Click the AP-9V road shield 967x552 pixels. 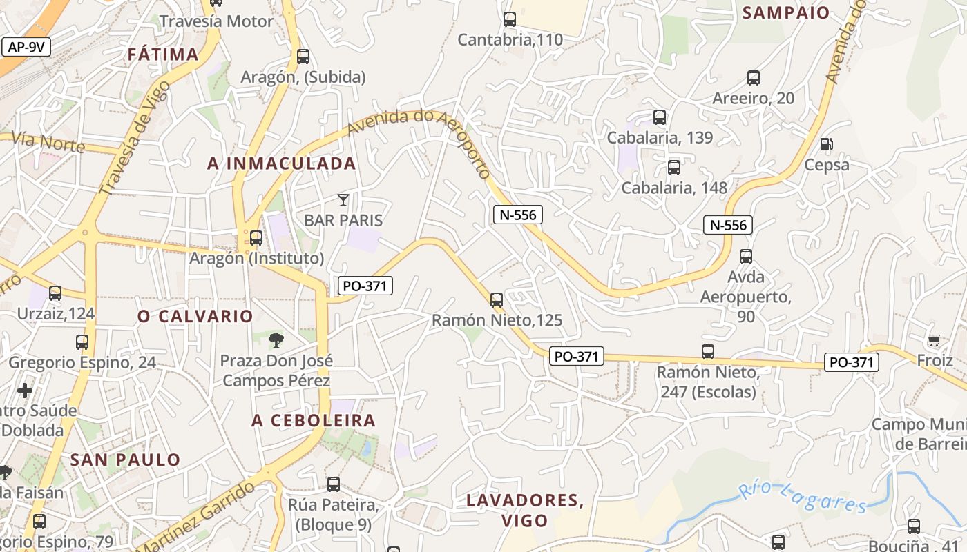click(x=27, y=47)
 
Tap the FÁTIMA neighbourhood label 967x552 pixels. click(x=163, y=55)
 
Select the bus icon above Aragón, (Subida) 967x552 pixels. click(x=303, y=57)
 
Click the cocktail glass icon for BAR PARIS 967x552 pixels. click(x=343, y=200)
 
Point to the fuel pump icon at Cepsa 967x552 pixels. click(x=826, y=144)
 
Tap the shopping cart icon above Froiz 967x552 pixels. click(x=935, y=340)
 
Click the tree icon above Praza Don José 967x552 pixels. click(x=276, y=339)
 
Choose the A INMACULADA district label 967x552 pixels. click(x=282, y=164)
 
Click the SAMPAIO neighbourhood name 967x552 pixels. click(x=785, y=12)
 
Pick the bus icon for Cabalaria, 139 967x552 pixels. click(x=660, y=117)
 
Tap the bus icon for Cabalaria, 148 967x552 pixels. click(x=674, y=167)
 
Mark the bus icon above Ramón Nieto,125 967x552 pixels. click(x=497, y=300)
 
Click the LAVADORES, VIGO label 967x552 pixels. click(x=525, y=510)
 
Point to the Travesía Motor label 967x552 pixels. click(x=216, y=21)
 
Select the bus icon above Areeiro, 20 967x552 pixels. click(x=754, y=78)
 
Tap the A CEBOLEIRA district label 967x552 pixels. click(x=314, y=420)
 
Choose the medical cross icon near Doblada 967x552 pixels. click(x=25, y=391)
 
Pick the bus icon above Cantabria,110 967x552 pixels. click(x=510, y=19)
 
